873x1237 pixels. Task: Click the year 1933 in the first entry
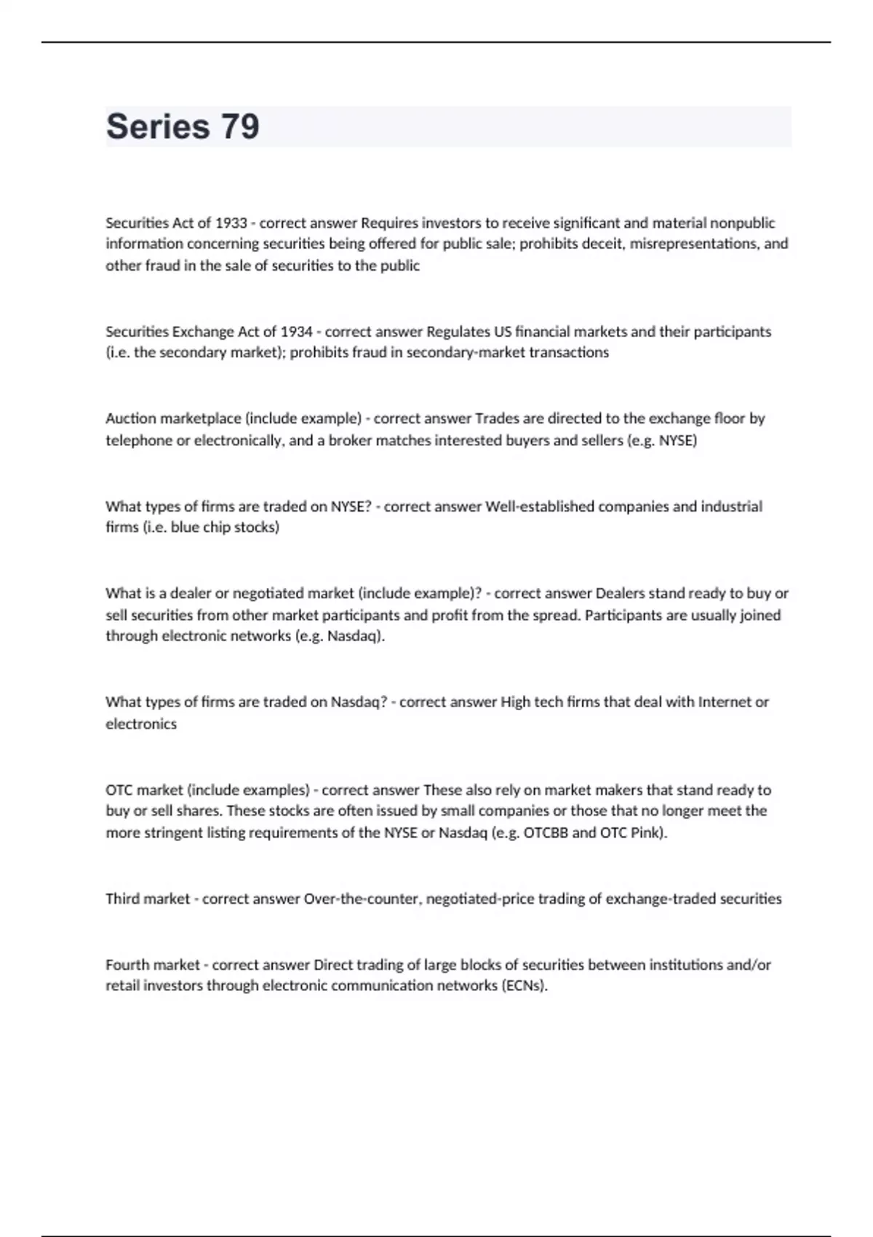231,223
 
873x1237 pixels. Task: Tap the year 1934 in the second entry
296,332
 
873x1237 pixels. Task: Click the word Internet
725,702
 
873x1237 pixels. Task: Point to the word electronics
141,724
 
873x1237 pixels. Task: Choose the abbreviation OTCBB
546,832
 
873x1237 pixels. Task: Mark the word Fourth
128,965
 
